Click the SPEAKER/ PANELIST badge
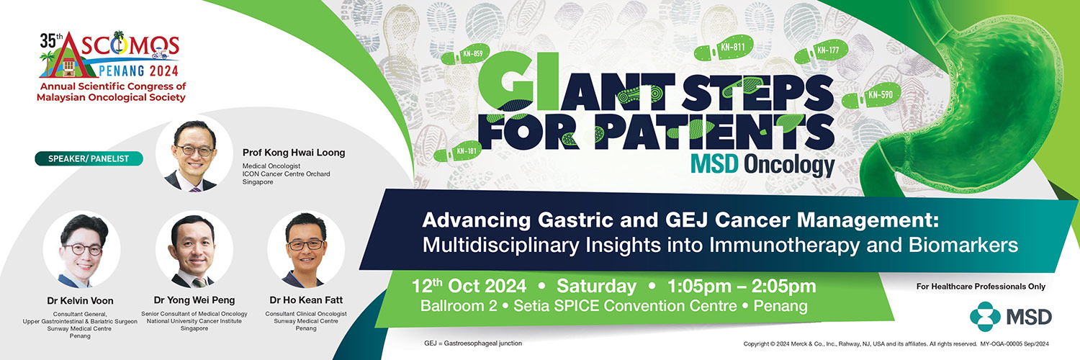(x=89, y=158)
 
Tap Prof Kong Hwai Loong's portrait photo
(x=194, y=154)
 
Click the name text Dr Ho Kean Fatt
(x=306, y=300)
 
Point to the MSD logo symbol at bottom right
(x=984, y=317)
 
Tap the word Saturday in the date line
(x=596, y=287)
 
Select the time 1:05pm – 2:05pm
(x=742, y=287)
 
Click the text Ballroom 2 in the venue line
(x=459, y=306)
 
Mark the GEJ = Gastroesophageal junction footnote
(x=473, y=343)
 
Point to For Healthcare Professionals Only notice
(x=981, y=287)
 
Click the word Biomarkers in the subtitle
(x=963, y=246)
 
